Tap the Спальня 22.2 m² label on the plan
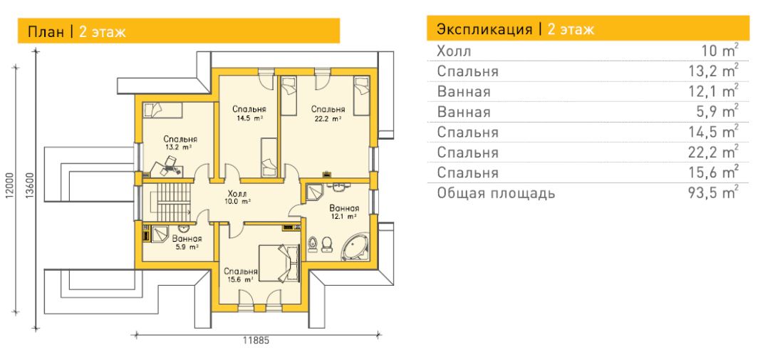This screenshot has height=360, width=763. [x=328, y=113]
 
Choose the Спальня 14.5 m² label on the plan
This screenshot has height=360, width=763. [x=249, y=113]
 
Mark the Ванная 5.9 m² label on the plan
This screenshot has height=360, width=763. [x=187, y=242]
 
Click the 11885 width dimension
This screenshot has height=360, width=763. [x=256, y=341]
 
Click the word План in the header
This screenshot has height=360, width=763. [x=46, y=32]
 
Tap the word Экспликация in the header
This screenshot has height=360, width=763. [x=484, y=29]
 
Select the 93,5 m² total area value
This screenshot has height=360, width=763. [x=717, y=192]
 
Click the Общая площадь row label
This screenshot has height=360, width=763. [x=496, y=193]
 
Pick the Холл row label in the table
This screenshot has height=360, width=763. [x=454, y=51]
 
